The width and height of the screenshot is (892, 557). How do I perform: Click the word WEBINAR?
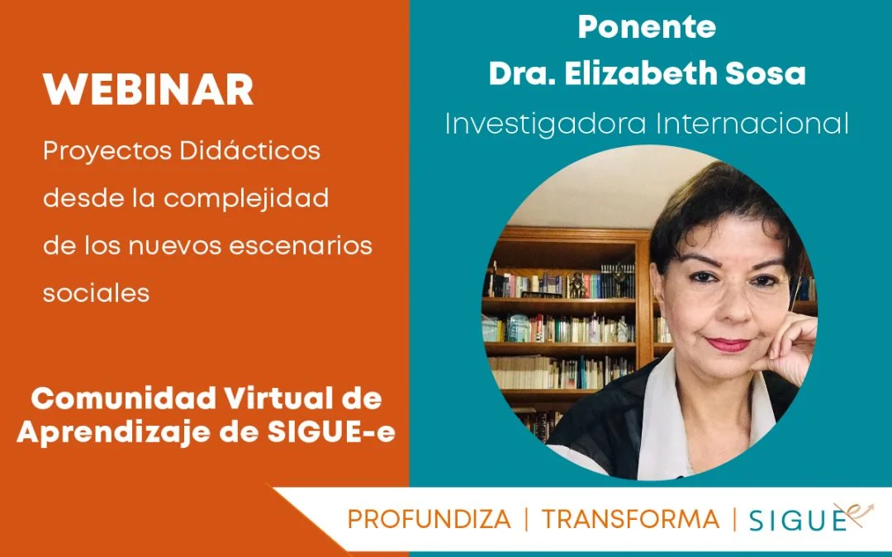(x=148, y=90)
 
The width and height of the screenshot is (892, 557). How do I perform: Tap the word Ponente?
(x=647, y=26)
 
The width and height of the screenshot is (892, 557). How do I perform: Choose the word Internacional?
(x=752, y=123)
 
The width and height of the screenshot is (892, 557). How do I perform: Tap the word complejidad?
(x=246, y=198)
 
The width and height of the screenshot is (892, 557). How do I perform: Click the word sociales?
(x=96, y=293)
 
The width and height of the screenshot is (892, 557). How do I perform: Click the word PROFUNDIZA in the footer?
(x=429, y=520)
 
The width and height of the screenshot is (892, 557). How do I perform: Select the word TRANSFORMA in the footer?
(x=630, y=520)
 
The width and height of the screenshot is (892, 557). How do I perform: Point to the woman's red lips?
(x=728, y=344)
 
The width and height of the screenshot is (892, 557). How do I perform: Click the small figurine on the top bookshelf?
(x=576, y=284)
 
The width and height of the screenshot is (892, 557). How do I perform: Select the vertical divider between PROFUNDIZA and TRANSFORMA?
(x=527, y=520)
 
